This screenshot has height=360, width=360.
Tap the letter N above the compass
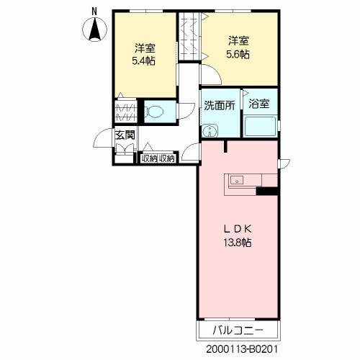[x=94, y=10]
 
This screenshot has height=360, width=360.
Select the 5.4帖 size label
[x=145, y=61]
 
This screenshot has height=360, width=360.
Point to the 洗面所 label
[x=219, y=104]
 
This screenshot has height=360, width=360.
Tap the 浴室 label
[x=258, y=104]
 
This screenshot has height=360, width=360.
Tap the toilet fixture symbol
[x=154, y=112]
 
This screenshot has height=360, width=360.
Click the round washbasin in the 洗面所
[x=210, y=131]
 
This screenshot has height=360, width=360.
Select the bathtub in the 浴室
[x=260, y=127]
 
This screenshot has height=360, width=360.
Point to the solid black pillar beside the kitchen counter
[x=267, y=191]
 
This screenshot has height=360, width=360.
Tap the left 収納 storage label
[x=149, y=158]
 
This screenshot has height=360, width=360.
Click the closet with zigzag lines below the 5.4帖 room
[x=125, y=112]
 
